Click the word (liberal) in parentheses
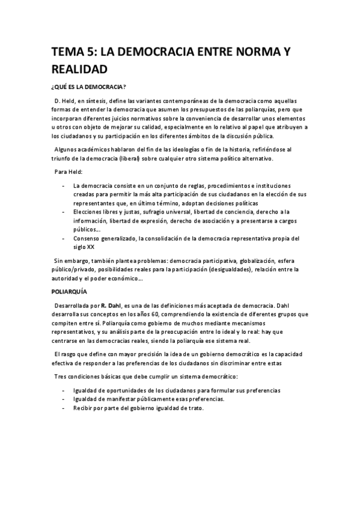pos(138,159)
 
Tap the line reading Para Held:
pos(69,172)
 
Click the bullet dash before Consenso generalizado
pos(64,238)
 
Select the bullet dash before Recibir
pos(64,408)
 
